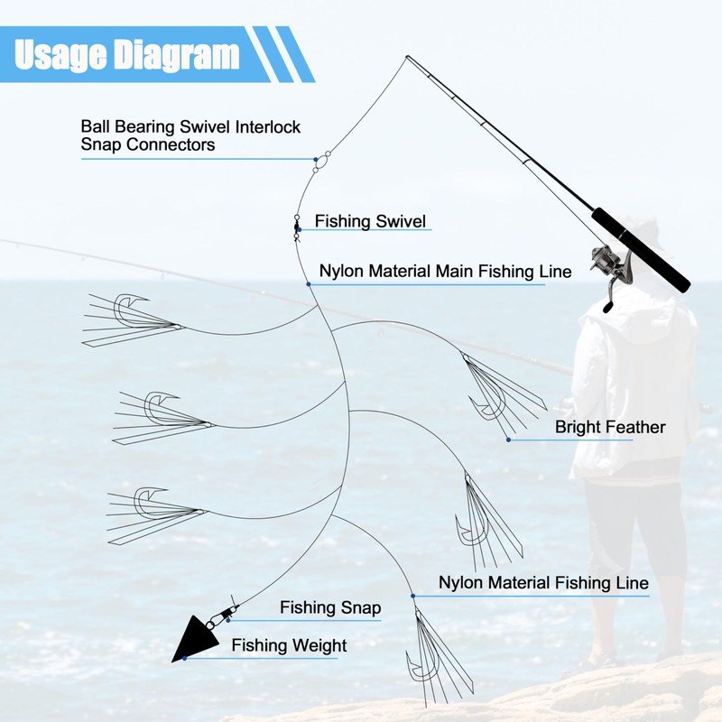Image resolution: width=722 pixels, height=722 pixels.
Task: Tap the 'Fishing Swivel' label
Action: [x=370, y=221]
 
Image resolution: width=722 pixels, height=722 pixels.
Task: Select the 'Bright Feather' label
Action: [x=610, y=427]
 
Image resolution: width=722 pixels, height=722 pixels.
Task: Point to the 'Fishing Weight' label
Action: [x=289, y=645]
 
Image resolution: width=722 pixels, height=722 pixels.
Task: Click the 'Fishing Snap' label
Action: [x=330, y=607]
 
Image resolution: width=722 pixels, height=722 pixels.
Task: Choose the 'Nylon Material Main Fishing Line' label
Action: [x=445, y=272]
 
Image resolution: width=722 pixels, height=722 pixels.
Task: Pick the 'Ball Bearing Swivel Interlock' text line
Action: [x=190, y=126]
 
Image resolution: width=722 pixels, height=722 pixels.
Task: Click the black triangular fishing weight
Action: [x=194, y=638]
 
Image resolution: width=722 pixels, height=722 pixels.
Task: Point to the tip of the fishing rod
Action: [x=407, y=57]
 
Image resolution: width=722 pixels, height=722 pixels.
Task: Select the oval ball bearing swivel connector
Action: [x=321, y=162]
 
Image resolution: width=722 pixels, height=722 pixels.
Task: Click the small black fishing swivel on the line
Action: [x=296, y=228]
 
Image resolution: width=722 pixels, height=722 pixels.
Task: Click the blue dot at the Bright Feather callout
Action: [x=508, y=440]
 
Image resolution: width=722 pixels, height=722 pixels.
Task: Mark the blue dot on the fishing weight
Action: [x=185, y=658]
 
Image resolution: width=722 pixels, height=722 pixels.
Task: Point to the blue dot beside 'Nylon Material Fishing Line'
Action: [x=413, y=596]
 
